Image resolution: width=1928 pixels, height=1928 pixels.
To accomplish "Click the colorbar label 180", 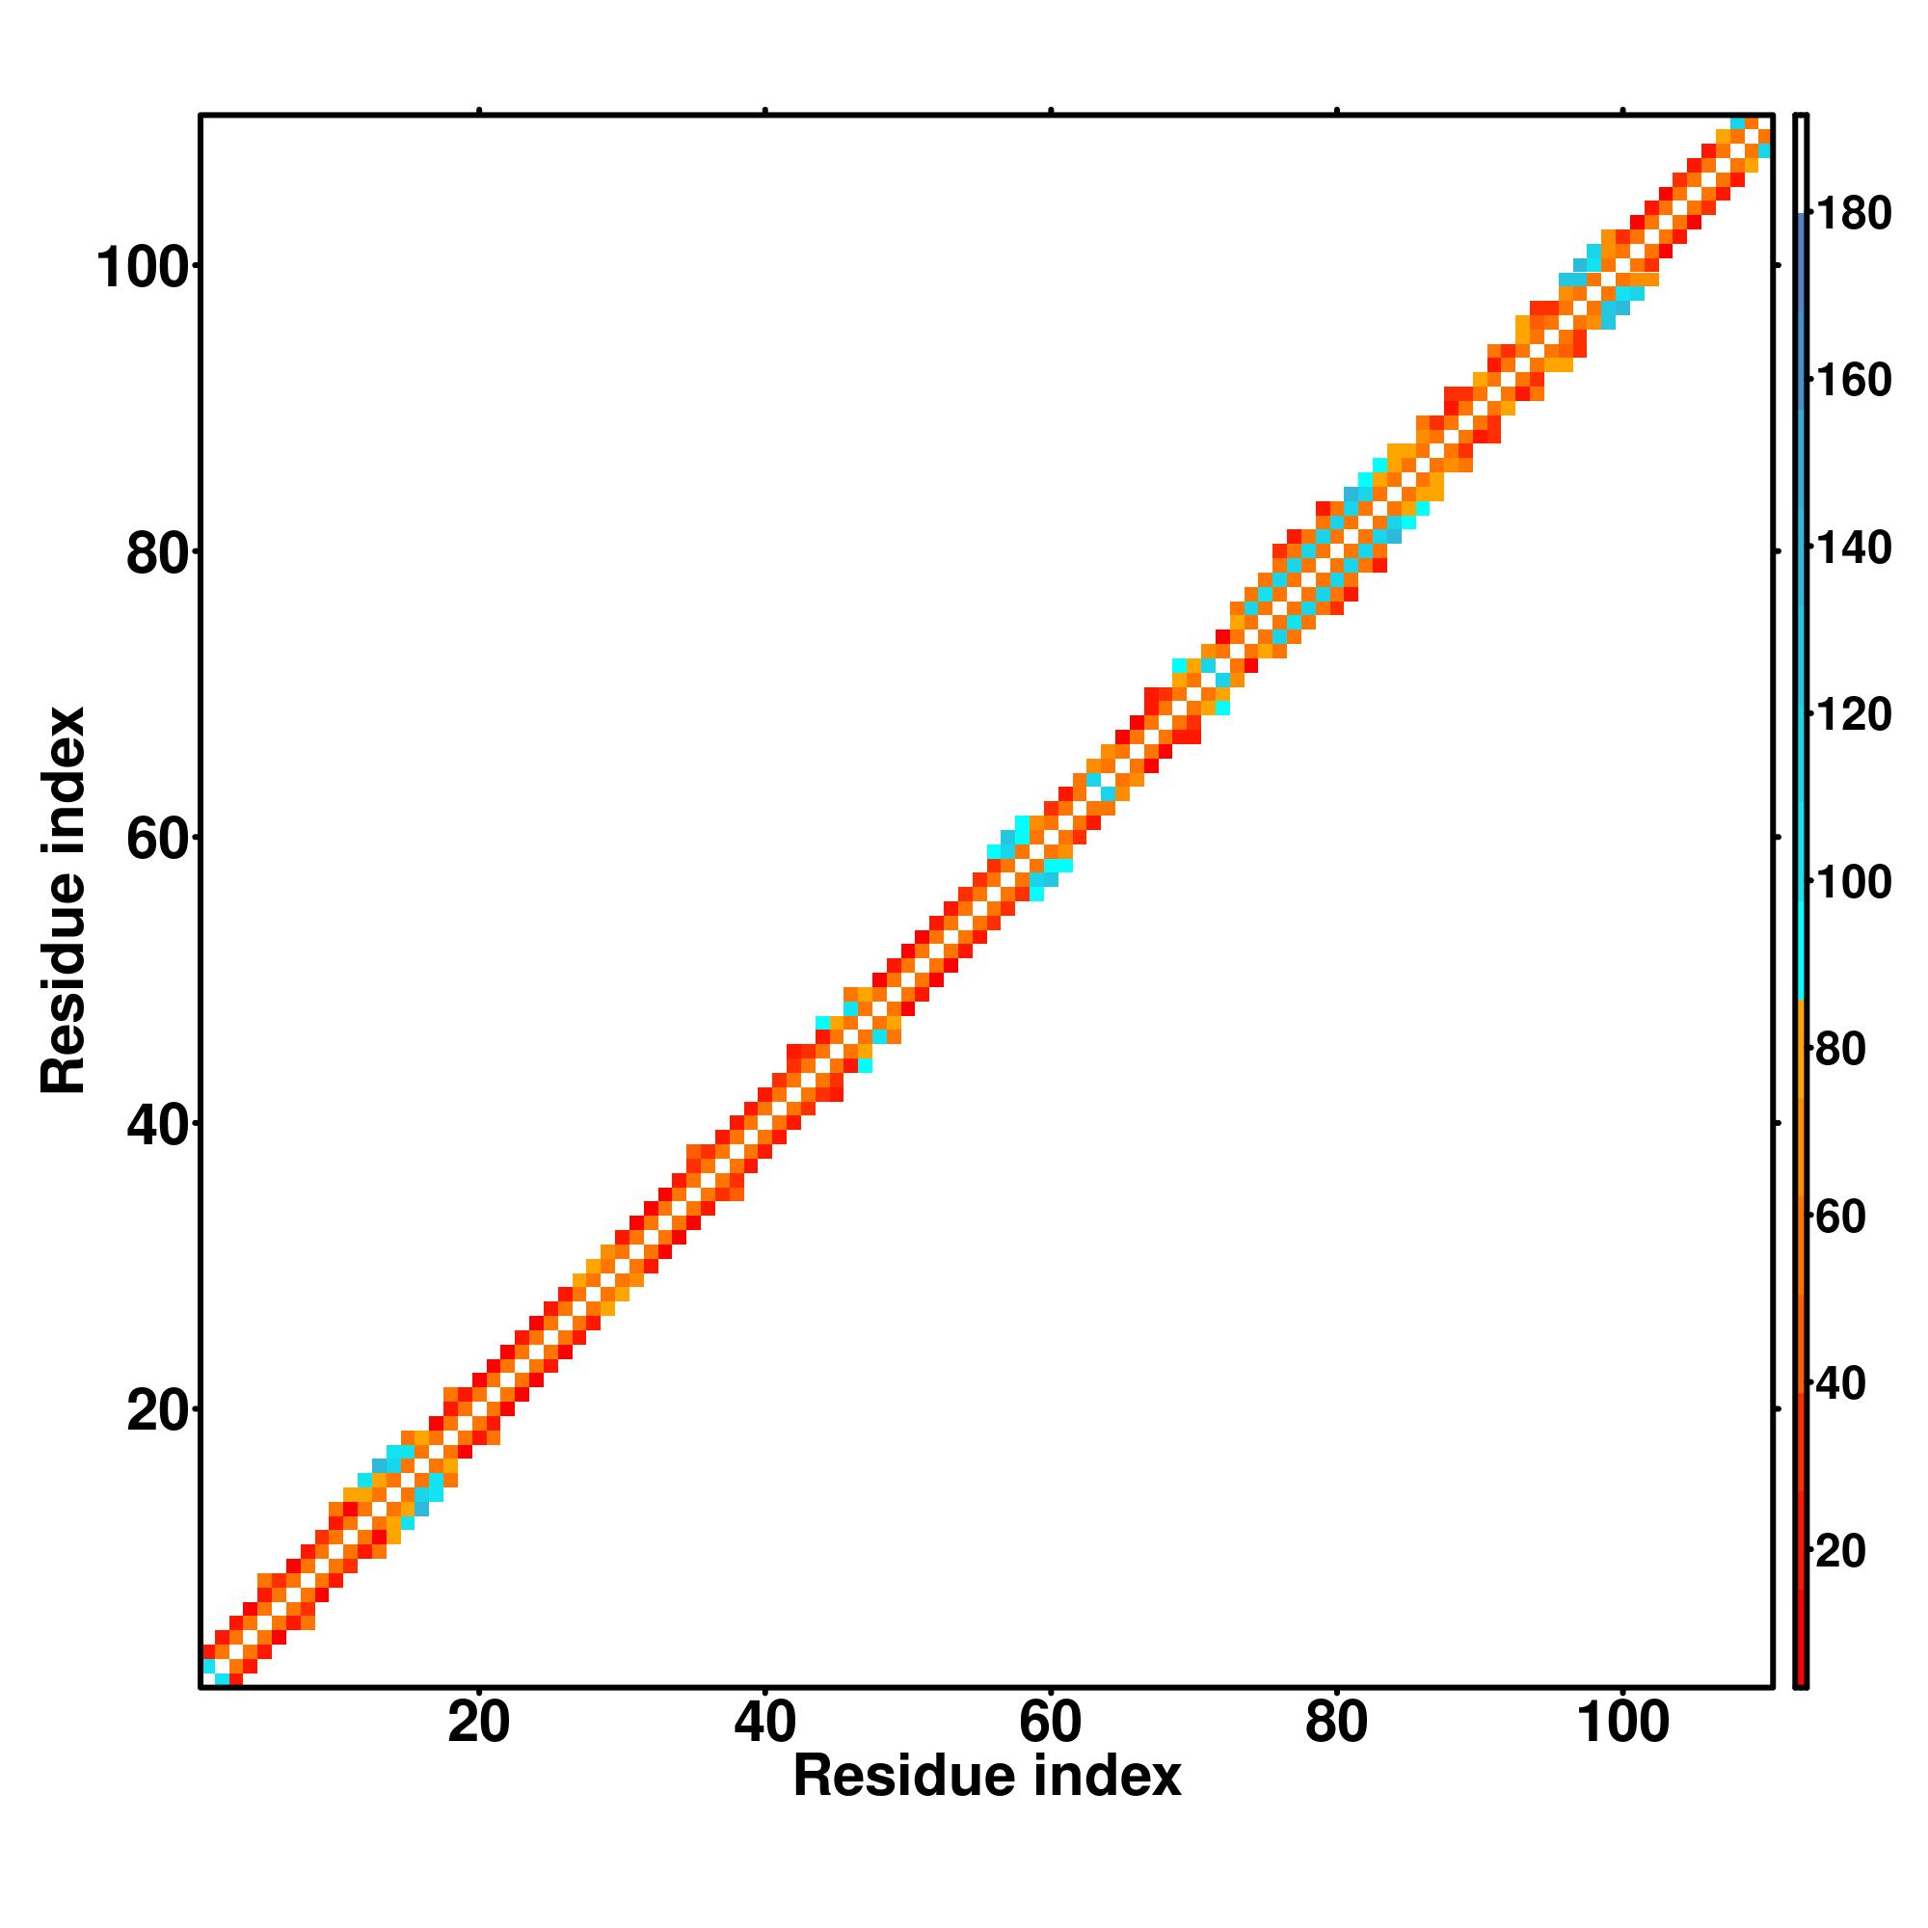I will coord(1853,215).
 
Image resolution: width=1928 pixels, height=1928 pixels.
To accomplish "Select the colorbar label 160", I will coord(1853,381).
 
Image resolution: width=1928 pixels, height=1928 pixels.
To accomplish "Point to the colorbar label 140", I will coord(1853,549).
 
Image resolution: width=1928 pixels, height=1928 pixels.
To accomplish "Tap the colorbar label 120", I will coord(1853,715).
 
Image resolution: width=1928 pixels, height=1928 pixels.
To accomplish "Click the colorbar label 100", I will coord(1853,883).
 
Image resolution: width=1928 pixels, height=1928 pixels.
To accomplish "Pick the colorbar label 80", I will coord(1841,1050).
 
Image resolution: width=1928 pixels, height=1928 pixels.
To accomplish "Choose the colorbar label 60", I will coord(1841,1218).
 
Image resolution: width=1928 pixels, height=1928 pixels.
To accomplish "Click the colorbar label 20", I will coord(1841,1552).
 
